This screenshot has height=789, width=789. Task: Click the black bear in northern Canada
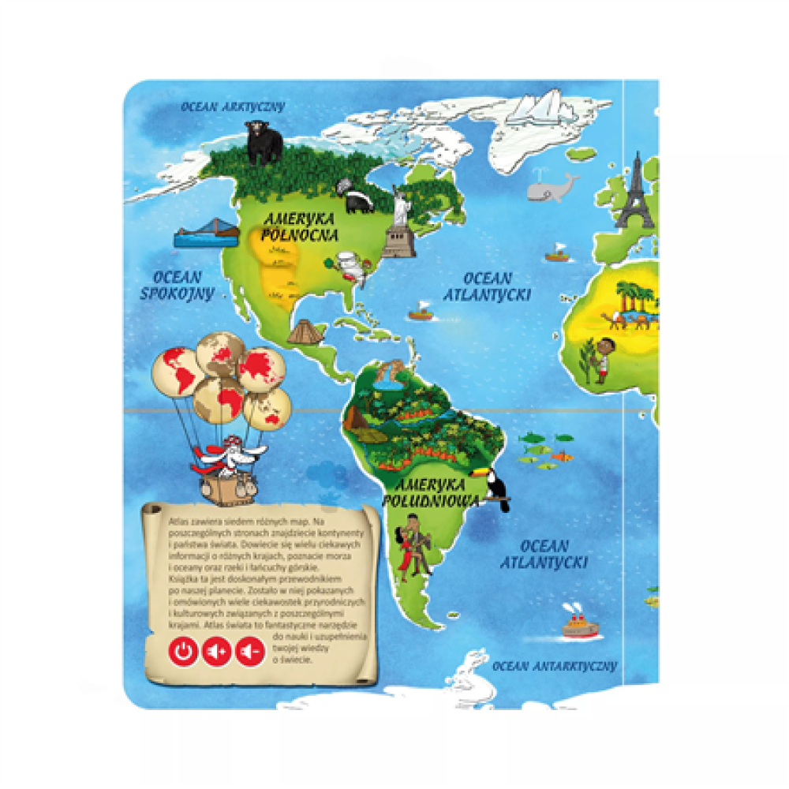(x=264, y=144)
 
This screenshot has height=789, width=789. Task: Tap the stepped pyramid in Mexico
(x=303, y=331)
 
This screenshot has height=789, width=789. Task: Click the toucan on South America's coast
(x=491, y=485)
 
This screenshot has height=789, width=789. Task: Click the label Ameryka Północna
(x=301, y=226)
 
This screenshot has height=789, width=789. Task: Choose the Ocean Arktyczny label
(x=232, y=107)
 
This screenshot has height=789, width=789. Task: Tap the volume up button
(x=216, y=652)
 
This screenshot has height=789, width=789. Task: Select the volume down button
(x=249, y=652)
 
